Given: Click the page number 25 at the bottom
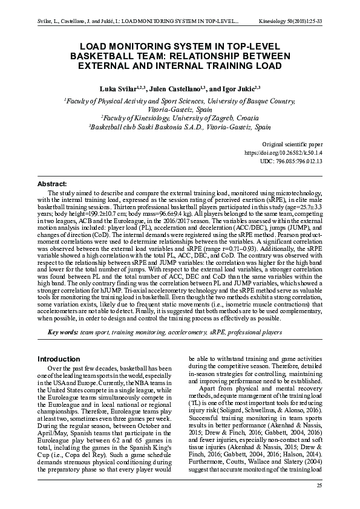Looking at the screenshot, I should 319,485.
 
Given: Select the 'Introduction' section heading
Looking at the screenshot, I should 59,358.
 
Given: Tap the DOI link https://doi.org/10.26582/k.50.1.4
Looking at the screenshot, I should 283,154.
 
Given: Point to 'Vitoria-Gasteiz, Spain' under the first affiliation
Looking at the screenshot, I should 180,109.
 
